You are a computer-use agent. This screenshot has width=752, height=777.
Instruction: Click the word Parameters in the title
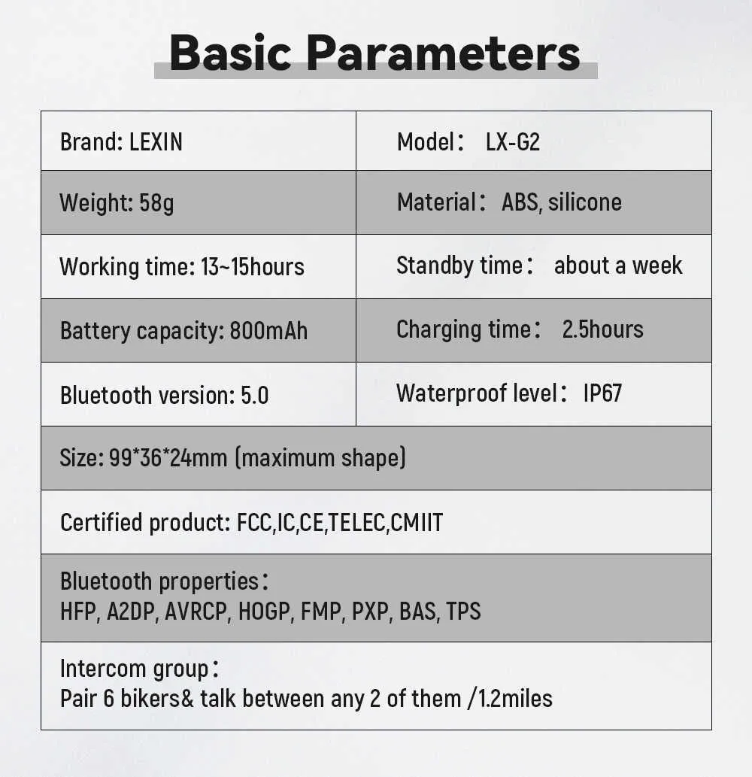[444, 53]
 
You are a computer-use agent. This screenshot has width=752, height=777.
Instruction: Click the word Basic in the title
[230, 53]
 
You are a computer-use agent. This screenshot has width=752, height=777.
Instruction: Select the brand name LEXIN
[156, 141]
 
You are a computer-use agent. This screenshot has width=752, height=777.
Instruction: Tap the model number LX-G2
[513, 141]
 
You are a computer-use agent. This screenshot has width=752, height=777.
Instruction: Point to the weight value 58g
[156, 203]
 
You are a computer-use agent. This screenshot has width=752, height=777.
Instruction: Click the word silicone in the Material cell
[584, 202]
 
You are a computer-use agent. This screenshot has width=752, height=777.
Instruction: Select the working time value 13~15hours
[253, 266]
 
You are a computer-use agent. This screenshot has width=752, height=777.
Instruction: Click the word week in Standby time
[657, 265]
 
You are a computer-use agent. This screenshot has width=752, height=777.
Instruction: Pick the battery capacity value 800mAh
[269, 330]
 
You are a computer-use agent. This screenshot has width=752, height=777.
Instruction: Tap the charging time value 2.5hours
[603, 329]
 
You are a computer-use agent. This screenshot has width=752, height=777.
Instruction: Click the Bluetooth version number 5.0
[255, 396]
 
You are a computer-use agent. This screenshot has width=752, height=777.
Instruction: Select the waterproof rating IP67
[602, 393]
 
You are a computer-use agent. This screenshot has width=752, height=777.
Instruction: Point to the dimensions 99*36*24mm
[168, 457]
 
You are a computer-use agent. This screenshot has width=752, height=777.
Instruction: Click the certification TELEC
[357, 522]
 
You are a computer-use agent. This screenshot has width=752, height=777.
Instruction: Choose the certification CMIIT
[417, 522]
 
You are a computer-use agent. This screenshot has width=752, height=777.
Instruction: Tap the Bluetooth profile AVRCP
[196, 611]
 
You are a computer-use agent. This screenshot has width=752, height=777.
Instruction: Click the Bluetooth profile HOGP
[264, 611]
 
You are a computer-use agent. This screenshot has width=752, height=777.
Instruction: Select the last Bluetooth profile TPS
[464, 611]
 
